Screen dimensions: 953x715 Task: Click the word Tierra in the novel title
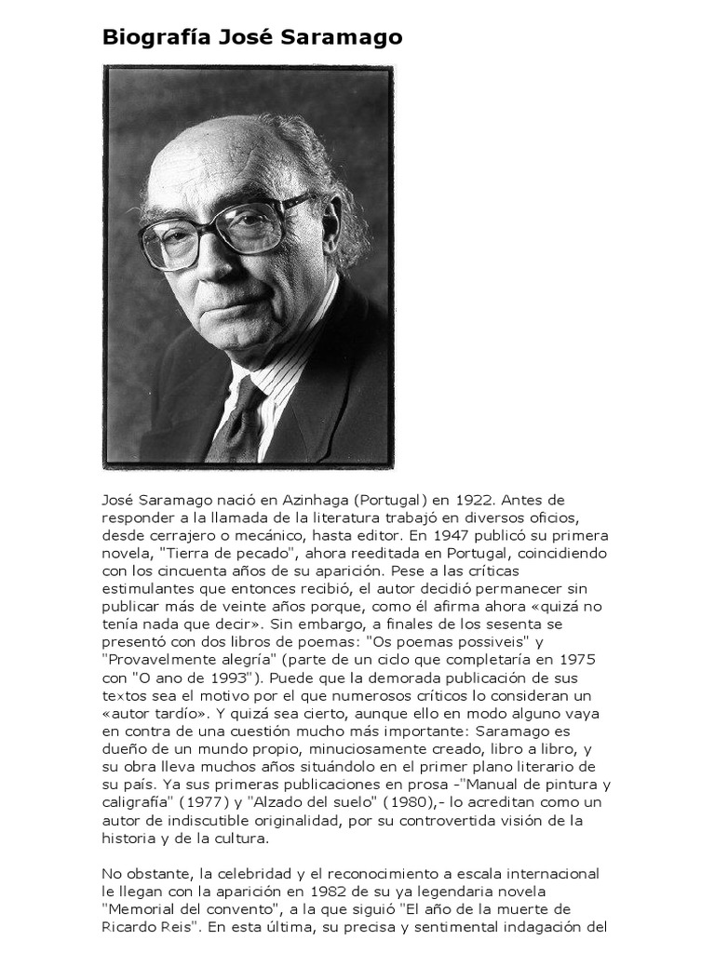click(x=182, y=554)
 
